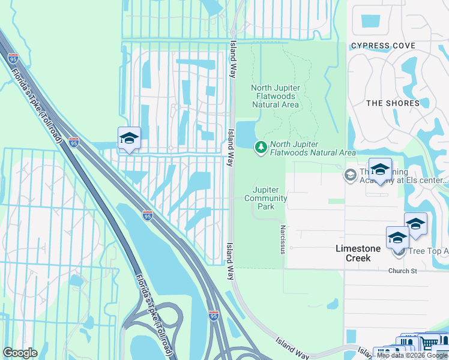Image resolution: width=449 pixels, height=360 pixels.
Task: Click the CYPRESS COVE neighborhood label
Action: pyautogui.click(x=383, y=46)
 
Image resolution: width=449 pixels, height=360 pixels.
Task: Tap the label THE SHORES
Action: pyautogui.click(x=393, y=103)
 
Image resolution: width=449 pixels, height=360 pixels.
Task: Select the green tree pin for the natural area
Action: pyautogui.click(x=261, y=147)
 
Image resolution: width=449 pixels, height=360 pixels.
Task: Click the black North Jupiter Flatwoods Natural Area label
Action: pyautogui.click(x=275, y=96)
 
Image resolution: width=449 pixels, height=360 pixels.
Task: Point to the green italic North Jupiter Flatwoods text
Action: pyautogui.click(x=313, y=148)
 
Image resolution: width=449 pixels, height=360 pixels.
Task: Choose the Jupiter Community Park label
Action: pyautogui.click(x=266, y=198)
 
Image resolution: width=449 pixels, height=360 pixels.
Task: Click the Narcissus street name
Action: pyautogui.click(x=282, y=239)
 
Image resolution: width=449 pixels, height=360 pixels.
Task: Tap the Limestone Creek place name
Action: pyautogui.click(x=358, y=253)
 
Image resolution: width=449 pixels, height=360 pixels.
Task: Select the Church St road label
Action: pyautogui.click(x=402, y=271)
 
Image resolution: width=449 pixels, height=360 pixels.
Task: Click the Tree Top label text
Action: pyautogui.click(x=427, y=251)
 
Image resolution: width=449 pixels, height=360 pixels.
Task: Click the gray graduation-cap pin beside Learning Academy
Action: pyautogui.click(x=349, y=175)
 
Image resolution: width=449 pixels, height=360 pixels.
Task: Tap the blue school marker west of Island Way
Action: pyautogui.click(x=129, y=139)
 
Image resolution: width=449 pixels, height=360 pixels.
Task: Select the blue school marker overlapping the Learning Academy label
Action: pyautogui.click(x=380, y=170)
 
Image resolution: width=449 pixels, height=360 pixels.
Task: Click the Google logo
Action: pyautogui.click(x=20, y=353)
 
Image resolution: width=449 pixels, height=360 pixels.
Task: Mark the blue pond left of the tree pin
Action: pyautogui.click(x=245, y=134)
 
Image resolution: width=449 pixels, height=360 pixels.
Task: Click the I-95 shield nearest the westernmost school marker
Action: pyautogui.click(x=73, y=142)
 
